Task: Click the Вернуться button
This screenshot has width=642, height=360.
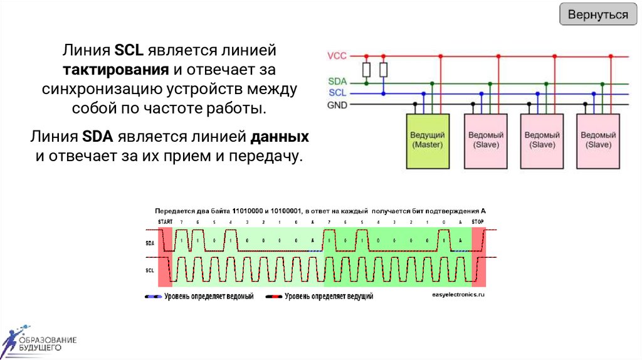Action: (597, 14)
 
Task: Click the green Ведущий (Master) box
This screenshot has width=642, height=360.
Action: (428, 140)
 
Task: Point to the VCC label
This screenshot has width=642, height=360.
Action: (337, 56)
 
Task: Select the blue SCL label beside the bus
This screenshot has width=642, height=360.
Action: (337, 93)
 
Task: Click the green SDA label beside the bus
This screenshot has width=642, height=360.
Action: (337, 82)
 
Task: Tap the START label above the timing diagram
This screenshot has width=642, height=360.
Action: (166, 221)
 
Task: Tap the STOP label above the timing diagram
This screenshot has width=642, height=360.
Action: (478, 221)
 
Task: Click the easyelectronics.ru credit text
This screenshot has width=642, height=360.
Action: (459, 294)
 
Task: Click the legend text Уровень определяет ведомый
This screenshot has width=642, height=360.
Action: (209, 296)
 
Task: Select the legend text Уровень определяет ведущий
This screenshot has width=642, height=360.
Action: (329, 296)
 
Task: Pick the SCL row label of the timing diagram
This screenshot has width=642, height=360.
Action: (150, 270)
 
